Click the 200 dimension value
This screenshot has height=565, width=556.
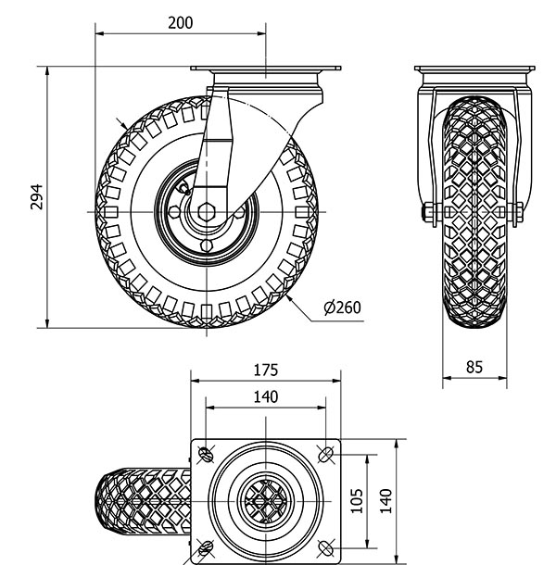coord(180,23)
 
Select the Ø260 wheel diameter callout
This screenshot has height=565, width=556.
coord(343,308)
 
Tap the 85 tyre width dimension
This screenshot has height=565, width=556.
coord(474,367)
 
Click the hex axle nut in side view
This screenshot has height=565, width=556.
coord(208,207)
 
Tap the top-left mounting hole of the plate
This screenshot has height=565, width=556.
coord(205,454)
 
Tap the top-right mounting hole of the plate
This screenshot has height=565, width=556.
coord(326,454)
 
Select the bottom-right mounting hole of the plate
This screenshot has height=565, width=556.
coord(326,546)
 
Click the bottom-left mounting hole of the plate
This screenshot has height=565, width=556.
coord(205,546)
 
